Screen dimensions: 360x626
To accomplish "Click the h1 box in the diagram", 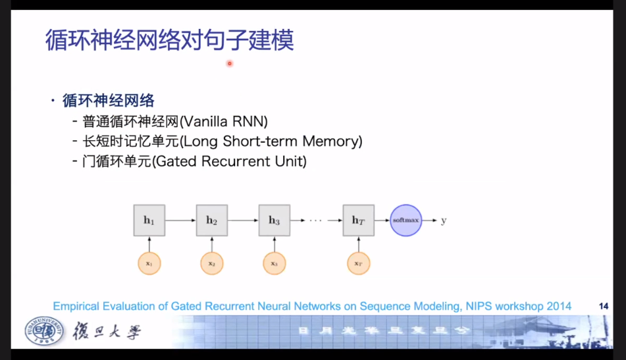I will [x=149, y=220].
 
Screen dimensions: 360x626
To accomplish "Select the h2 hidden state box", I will [x=211, y=220].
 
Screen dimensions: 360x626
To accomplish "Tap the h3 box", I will [x=274, y=220].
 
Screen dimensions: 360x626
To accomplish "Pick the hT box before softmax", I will [x=358, y=220].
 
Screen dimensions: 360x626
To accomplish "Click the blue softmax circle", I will [x=406, y=220].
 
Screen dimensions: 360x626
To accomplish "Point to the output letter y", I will [x=444, y=220].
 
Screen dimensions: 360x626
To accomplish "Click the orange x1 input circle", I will [x=149, y=263].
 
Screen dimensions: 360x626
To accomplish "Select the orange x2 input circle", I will [x=211, y=263].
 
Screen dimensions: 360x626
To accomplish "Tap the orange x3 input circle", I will [x=274, y=263].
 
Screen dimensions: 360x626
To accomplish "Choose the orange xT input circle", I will [x=358, y=263].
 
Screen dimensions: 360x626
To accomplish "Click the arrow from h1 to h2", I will [x=180, y=220].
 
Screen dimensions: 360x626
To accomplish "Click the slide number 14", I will [x=603, y=306].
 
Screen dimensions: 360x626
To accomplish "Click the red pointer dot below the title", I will [x=230, y=63].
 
